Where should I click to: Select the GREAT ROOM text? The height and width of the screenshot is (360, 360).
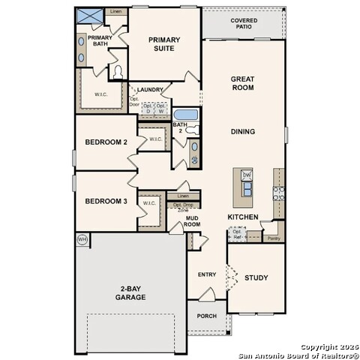point(242,82)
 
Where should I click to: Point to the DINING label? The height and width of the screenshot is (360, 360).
point(242,131)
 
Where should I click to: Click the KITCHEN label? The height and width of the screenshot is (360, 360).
point(243,217)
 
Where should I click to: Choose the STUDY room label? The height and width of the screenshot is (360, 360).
point(256,277)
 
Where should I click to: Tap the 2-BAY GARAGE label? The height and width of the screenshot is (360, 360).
point(130,292)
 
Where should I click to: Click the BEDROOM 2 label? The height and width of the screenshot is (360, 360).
point(106,142)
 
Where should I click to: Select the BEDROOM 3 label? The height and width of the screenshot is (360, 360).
point(106,201)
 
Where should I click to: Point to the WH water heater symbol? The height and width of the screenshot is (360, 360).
point(82,240)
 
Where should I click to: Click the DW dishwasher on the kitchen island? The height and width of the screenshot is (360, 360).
point(247,175)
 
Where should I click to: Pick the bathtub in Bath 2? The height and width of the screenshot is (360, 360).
point(185,115)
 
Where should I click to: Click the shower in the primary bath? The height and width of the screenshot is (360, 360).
point(90,16)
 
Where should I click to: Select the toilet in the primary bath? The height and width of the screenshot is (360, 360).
point(117,72)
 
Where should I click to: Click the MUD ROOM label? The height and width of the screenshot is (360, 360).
point(193,221)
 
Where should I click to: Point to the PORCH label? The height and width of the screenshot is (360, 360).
point(206,316)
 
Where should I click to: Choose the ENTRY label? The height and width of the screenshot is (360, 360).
point(207,274)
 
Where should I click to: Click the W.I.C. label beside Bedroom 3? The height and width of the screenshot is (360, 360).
point(148,202)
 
